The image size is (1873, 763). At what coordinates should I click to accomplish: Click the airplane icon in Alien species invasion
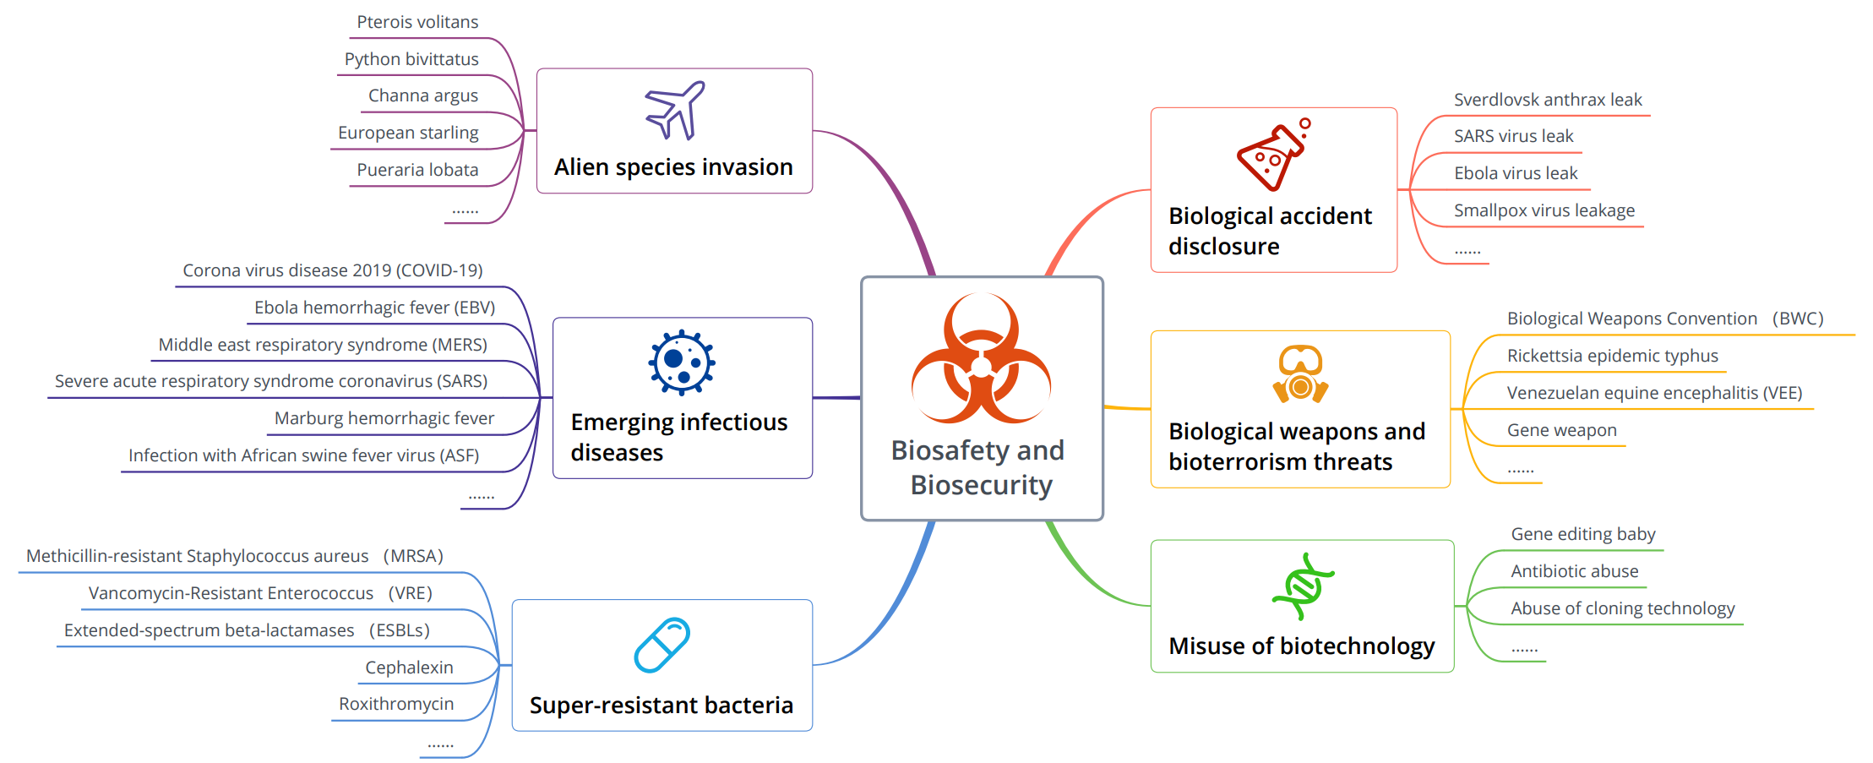tap(674, 111)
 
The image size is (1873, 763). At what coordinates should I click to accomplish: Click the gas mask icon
tap(1300, 373)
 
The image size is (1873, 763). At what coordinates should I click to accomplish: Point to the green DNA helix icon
tap(1303, 586)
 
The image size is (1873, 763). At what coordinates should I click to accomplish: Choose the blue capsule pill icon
tap(662, 645)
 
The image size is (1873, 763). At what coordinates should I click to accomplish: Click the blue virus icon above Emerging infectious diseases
tap(682, 362)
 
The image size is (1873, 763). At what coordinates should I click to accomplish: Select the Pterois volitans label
tap(417, 22)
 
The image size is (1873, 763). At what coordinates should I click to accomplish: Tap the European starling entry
tap(408, 133)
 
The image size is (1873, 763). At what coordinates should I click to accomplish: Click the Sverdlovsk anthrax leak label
tap(1548, 100)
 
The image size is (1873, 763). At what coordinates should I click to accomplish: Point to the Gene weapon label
tap(1562, 430)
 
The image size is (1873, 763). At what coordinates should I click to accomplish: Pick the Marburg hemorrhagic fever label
tap(384, 418)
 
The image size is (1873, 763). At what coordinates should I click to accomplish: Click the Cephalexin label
tap(409, 668)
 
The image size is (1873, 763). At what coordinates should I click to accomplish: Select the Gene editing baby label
tap(1583, 534)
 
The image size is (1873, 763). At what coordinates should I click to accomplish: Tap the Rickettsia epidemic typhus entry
tap(1613, 356)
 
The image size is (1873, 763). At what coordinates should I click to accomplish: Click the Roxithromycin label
tap(396, 704)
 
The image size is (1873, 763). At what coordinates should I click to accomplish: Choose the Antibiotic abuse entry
tap(1575, 571)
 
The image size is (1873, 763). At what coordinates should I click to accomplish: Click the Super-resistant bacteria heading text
tap(662, 705)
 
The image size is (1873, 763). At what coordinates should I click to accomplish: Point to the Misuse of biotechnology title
tap(1302, 646)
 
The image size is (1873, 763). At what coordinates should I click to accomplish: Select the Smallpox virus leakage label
tap(1544, 210)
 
